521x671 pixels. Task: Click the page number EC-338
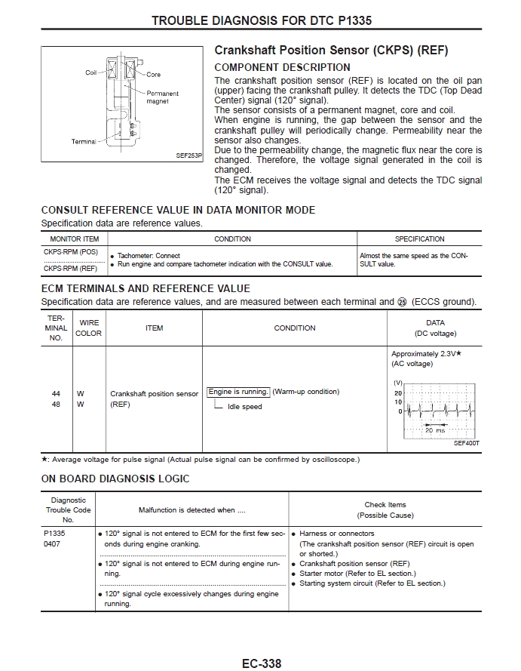pos(261,663)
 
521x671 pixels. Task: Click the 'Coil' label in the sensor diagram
pos(91,73)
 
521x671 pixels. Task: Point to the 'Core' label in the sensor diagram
pos(154,75)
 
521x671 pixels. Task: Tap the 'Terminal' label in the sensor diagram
pos(84,141)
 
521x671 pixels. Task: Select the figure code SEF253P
pos(189,155)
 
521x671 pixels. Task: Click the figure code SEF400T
pos(467,443)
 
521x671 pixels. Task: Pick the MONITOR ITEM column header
pos(75,239)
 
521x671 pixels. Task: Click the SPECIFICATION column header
pos(419,239)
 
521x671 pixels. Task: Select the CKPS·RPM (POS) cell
pos(70,251)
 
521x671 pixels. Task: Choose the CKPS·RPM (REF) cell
pos(70,268)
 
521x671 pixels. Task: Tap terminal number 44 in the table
pos(56,394)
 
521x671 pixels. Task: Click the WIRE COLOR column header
pos(88,328)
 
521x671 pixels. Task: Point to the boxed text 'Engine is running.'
pos(238,392)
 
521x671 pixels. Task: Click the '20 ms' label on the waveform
pos(435,429)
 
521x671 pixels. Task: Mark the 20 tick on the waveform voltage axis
pos(398,393)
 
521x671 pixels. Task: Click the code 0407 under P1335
pos(52,543)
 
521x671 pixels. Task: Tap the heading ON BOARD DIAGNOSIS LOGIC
pos(115,479)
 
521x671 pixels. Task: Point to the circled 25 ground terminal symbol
pos(402,302)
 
